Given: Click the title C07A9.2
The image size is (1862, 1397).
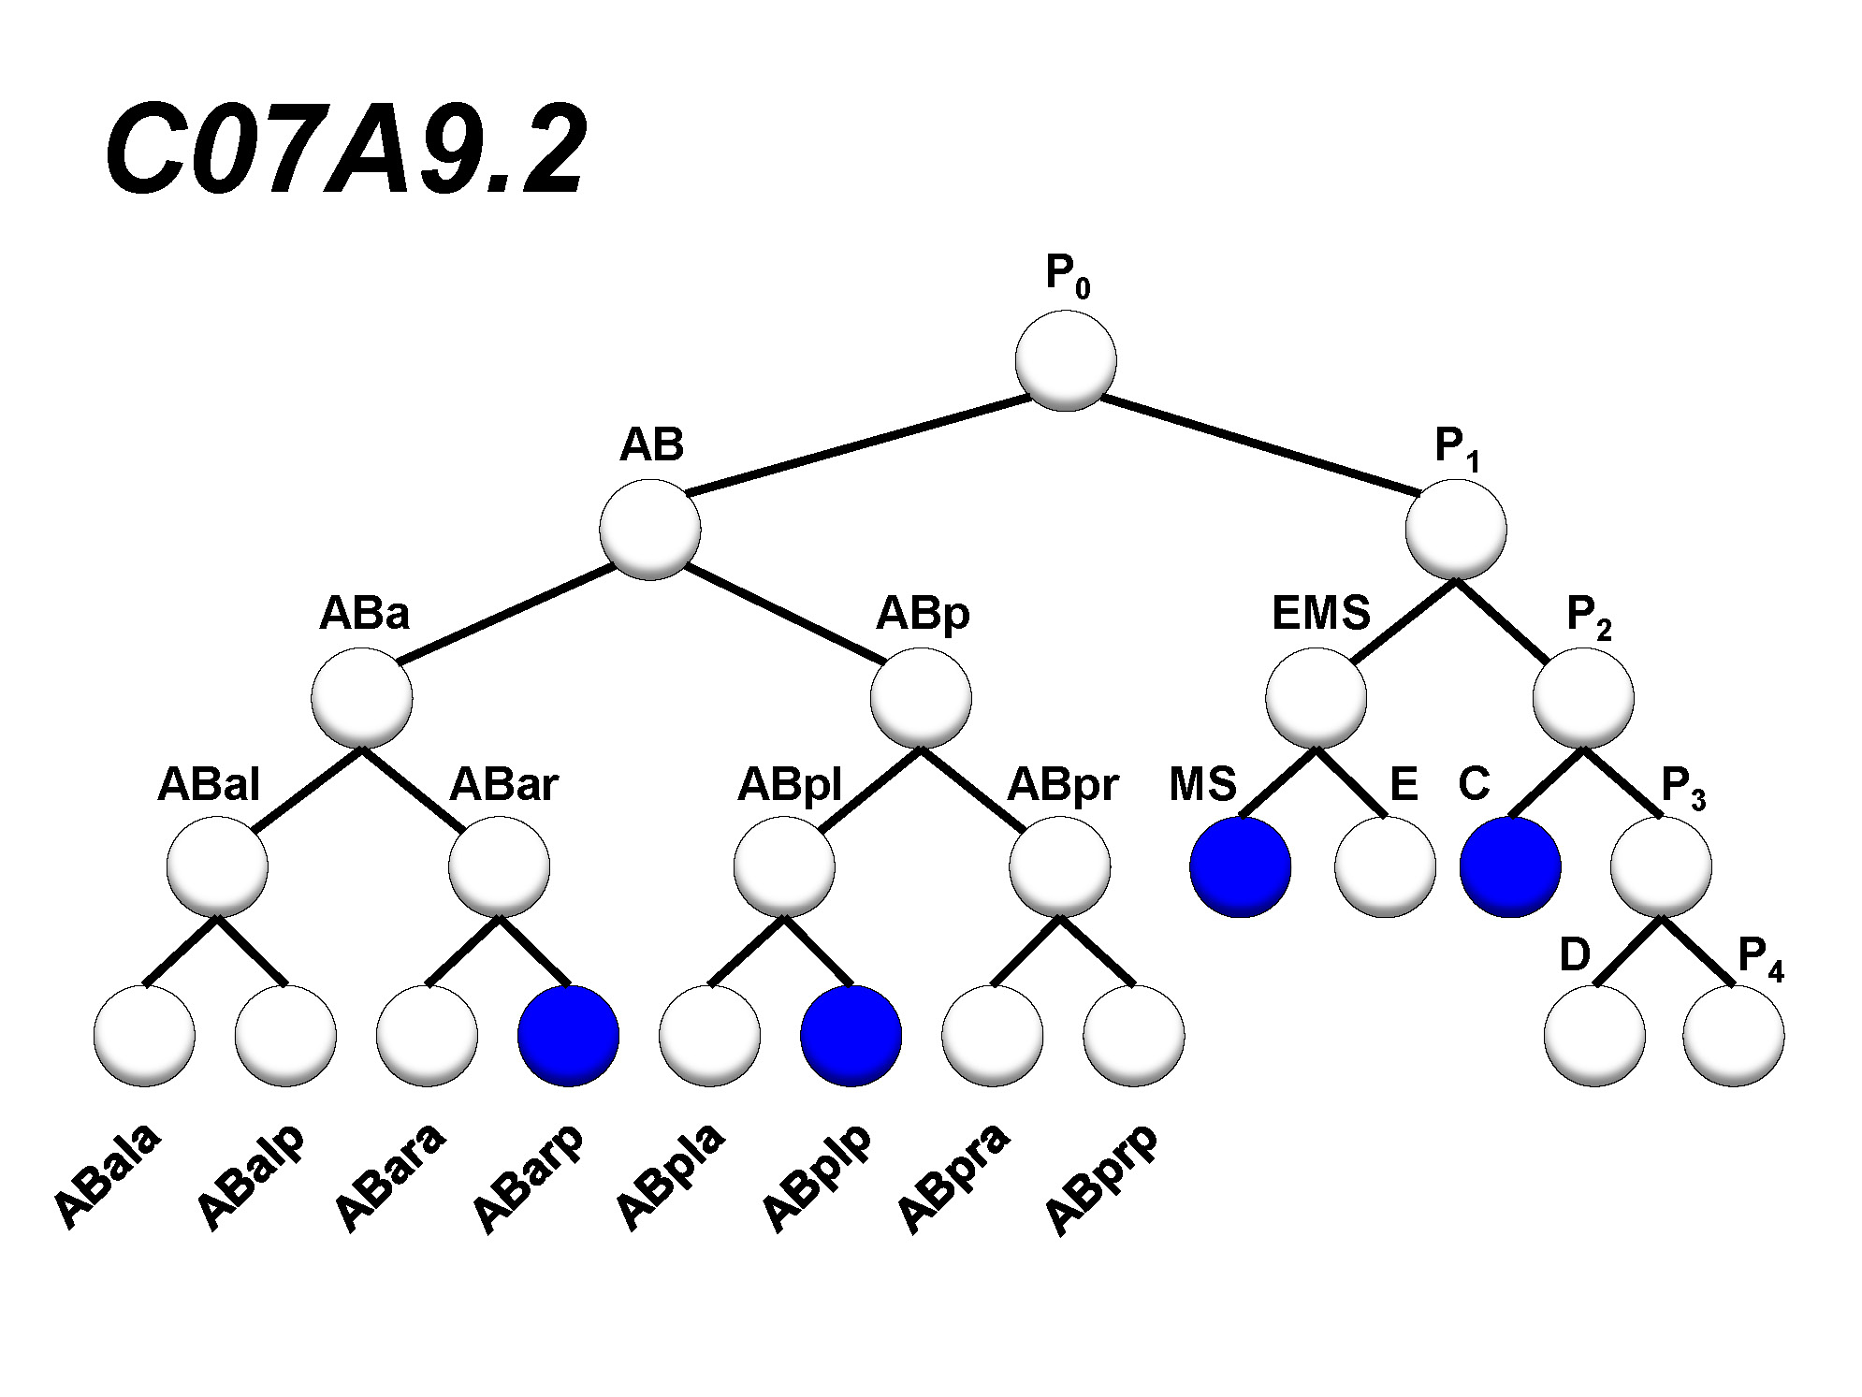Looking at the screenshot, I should click(x=345, y=150).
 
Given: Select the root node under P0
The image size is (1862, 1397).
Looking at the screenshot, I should click(x=1066, y=361).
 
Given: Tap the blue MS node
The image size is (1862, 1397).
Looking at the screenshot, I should click(x=1240, y=866).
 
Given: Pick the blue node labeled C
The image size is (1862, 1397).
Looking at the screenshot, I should click(x=1510, y=866).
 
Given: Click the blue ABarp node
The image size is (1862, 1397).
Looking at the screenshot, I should click(x=568, y=1036).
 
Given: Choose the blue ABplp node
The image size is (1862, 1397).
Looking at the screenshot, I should click(x=851, y=1036).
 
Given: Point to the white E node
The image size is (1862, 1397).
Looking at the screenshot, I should click(x=1385, y=866).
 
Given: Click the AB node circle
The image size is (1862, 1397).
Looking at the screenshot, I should click(x=650, y=530).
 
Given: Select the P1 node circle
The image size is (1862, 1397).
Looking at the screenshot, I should click(x=1456, y=530).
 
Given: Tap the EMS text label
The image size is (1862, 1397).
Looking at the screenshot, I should click(x=1320, y=614).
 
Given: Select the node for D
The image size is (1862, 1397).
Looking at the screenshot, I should click(x=1594, y=1036).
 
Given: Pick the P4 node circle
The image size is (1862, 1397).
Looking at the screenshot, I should click(x=1733, y=1036).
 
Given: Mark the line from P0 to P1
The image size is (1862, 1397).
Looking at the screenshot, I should click(x=1258, y=444).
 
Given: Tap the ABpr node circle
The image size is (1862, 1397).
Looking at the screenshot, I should click(x=1059, y=866).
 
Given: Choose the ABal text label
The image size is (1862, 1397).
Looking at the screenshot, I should click(x=208, y=784).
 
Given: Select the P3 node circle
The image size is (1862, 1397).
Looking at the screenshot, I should click(x=1661, y=866).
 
